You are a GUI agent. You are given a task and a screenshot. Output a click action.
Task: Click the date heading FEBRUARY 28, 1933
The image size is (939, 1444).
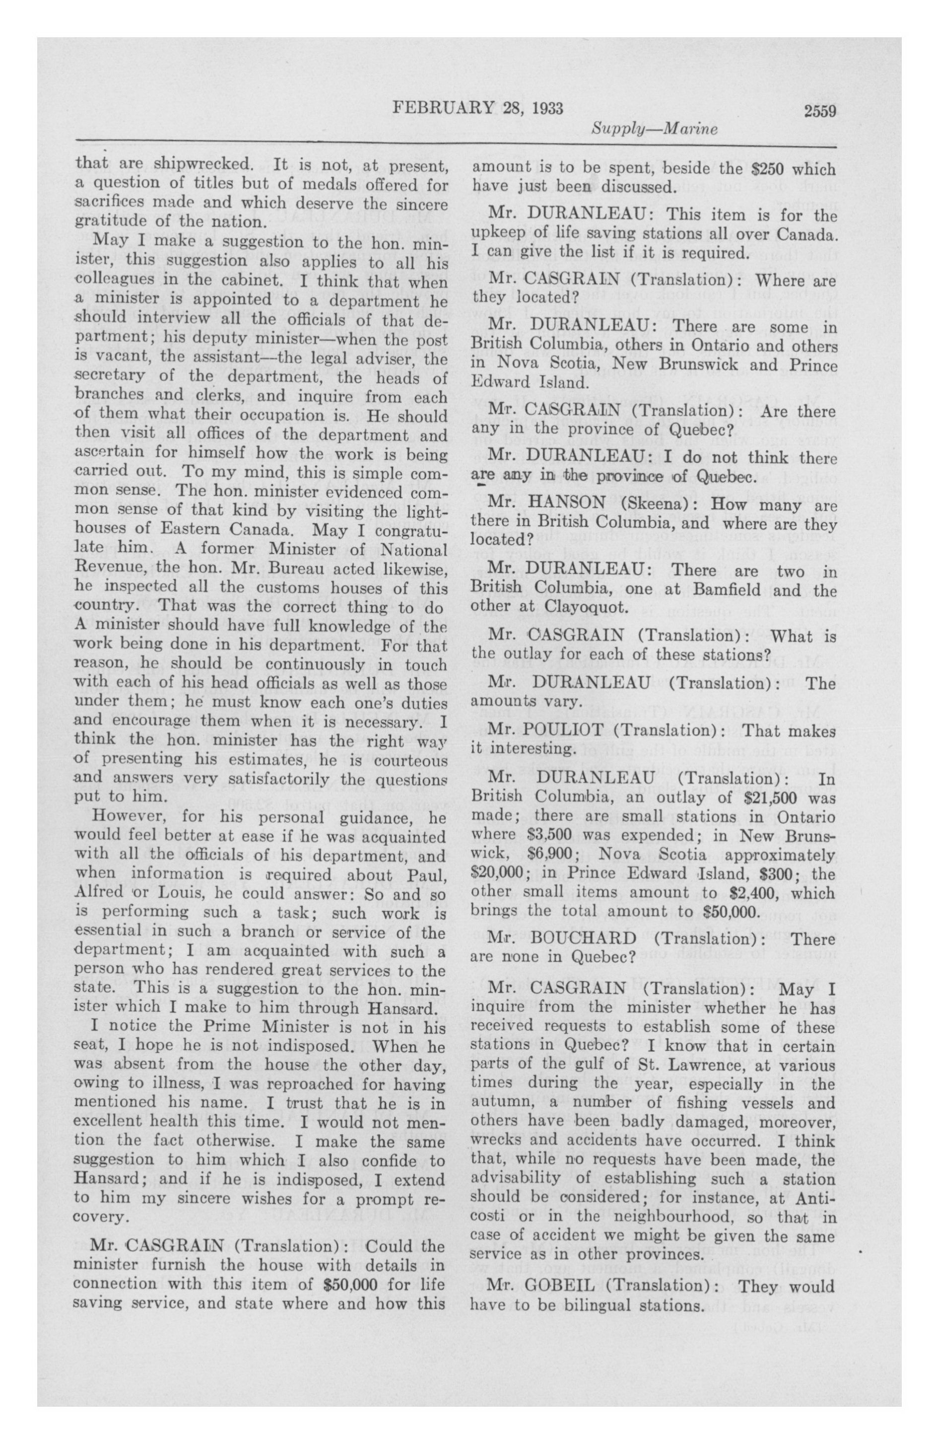pos(478,109)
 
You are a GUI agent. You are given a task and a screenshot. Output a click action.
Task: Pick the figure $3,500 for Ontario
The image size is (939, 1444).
pos(549,835)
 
